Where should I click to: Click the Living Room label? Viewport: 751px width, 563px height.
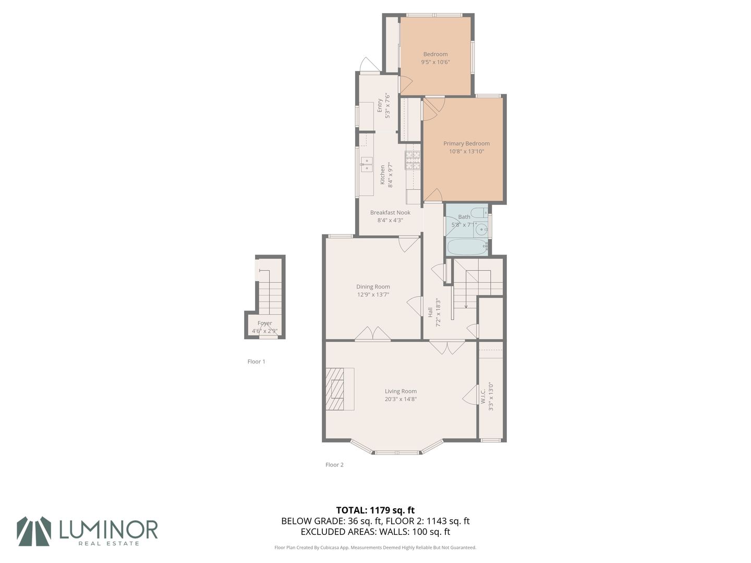(401, 391)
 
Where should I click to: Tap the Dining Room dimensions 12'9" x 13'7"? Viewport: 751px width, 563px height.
(373, 295)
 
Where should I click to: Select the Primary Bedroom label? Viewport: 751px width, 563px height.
(466, 143)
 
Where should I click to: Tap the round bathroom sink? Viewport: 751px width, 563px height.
(482, 229)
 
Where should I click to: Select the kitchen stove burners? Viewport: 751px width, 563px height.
(413, 161)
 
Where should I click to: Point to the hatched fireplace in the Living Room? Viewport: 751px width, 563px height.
(335, 389)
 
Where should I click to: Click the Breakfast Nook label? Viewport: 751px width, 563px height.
(390, 213)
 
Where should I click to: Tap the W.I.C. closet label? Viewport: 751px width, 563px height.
(483, 396)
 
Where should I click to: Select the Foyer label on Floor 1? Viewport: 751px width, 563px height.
(265, 323)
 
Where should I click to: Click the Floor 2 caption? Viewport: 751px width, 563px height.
(334, 464)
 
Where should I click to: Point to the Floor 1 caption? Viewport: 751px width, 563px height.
(256, 361)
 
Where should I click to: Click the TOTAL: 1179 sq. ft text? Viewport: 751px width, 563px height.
(375, 510)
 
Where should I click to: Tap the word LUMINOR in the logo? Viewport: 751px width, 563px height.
(108, 529)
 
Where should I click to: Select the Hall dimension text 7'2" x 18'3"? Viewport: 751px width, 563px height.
(438, 313)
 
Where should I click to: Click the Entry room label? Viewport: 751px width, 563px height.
(380, 105)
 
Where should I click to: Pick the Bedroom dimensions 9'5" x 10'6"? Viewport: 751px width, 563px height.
(435, 62)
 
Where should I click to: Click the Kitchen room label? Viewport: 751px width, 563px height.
(382, 175)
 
